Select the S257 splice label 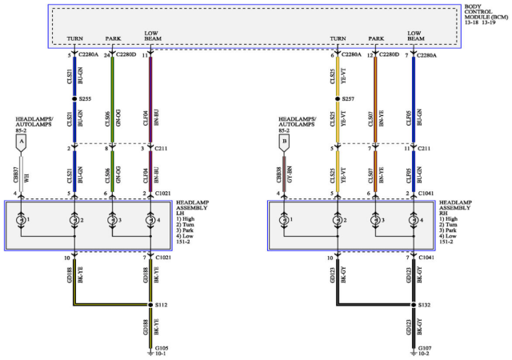[x=346, y=98]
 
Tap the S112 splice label [x=160, y=304]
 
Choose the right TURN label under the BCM [x=338, y=38]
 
